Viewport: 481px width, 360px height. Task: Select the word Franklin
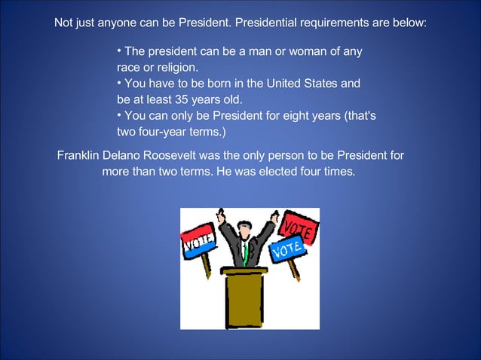(80, 156)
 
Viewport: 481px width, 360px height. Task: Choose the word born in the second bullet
(212, 83)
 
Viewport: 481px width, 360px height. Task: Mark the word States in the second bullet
(319, 83)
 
